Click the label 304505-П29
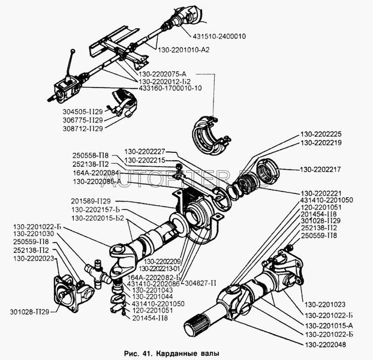[x=82, y=111]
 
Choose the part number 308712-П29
[x=82, y=128]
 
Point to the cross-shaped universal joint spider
[x=98, y=271]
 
